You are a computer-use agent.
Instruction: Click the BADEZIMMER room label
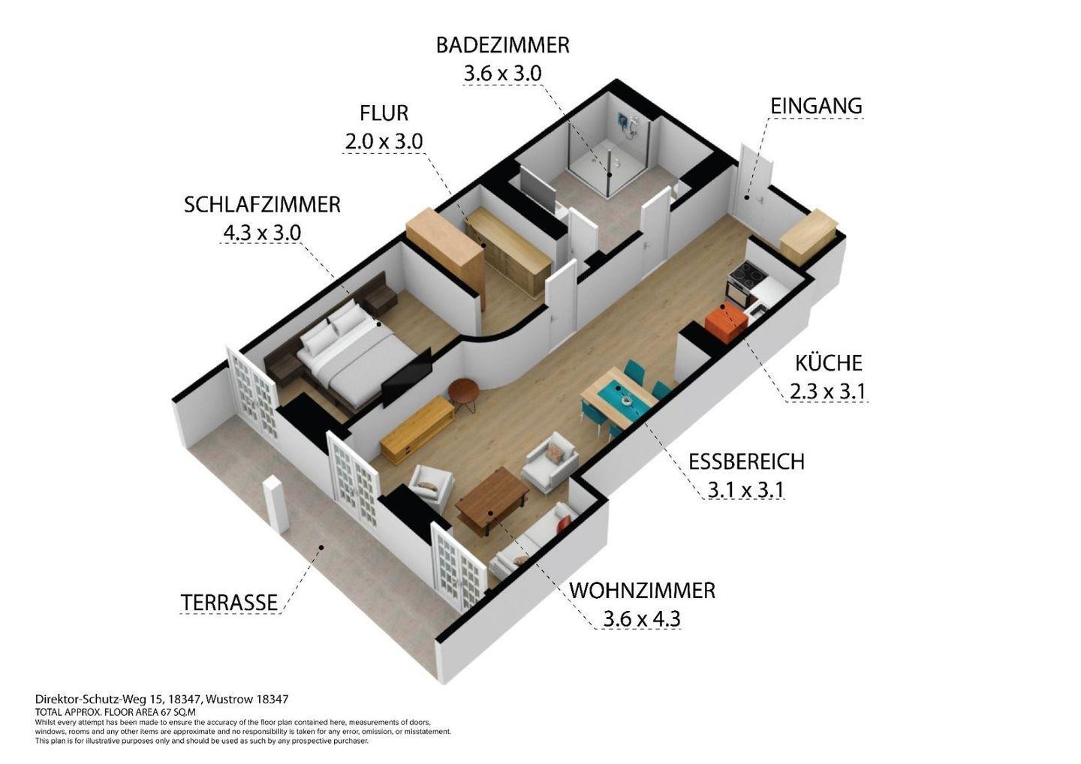coord(502,45)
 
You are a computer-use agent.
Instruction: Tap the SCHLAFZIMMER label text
coord(262,204)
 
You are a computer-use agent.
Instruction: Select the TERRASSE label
coord(229,603)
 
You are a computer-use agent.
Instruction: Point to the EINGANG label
coord(816,106)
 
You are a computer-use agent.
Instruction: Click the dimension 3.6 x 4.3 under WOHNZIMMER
coord(641,619)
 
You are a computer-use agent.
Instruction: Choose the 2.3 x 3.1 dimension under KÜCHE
coord(827,391)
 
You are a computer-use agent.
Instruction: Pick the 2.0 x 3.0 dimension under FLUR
coord(384,141)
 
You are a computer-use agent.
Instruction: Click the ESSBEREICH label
coord(746,462)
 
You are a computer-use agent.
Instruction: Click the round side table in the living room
coord(462,392)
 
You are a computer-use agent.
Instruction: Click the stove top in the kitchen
coord(747,272)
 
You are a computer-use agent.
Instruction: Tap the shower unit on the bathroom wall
coord(628,125)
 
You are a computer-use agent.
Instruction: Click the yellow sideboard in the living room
coord(417,430)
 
